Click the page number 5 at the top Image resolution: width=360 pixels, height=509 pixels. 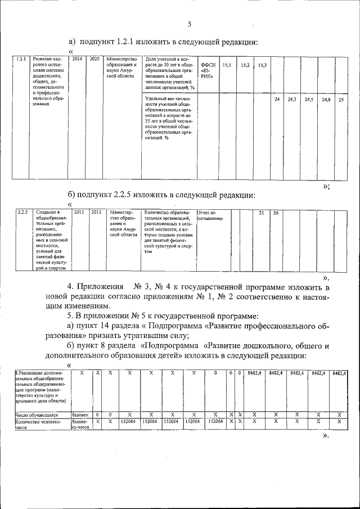(190, 24)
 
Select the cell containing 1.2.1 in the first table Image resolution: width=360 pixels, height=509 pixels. (21, 59)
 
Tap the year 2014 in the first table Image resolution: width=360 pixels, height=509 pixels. (78, 59)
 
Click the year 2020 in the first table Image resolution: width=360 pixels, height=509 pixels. (94, 59)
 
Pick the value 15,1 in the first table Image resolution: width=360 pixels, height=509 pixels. (227, 66)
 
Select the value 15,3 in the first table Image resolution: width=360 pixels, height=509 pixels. (262, 66)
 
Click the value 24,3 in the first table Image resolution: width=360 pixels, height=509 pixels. (292, 99)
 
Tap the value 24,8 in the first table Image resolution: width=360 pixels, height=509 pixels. (325, 99)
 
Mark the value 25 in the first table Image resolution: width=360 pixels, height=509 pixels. (341, 99)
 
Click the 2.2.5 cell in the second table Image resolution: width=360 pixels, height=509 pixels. (23, 212)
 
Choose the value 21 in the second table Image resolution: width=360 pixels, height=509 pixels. (260, 213)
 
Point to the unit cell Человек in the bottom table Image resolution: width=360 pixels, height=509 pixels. (80, 415)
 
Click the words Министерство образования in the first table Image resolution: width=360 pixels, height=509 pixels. (121, 62)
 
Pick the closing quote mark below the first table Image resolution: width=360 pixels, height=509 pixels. (326, 186)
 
